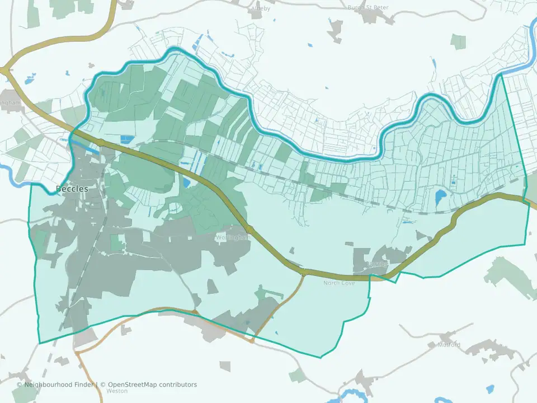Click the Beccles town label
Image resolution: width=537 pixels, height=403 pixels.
coord(72,189)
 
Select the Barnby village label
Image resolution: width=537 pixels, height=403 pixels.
coord(376,263)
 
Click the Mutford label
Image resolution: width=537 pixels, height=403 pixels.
coord(449,345)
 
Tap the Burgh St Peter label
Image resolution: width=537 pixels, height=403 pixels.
coord(368,7)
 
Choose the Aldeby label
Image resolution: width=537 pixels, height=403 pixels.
coord(261,8)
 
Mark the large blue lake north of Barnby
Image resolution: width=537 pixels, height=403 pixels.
coord(440,196)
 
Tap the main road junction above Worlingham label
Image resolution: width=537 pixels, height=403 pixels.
coord(249,228)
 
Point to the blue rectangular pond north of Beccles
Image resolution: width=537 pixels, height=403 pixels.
coord(128,138)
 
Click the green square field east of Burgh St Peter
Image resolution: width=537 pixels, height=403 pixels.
coord(459,42)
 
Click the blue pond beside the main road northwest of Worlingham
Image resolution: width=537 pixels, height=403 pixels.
coord(186,182)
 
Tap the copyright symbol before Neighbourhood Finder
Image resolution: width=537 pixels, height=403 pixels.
coord(20,385)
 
